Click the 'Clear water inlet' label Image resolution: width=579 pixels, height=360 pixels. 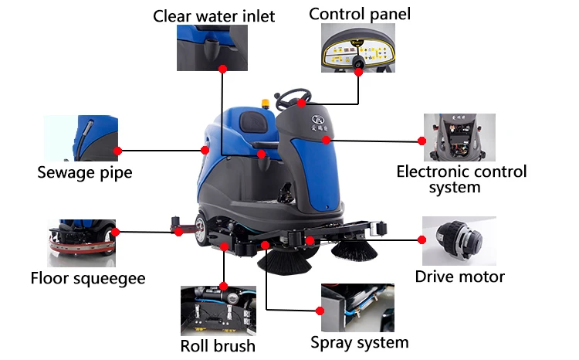(x=214, y=15)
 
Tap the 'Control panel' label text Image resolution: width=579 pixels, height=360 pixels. (x=360, y=13)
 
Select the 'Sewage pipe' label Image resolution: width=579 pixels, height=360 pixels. (x=84, y=172)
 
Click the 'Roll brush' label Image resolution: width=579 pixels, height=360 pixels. (x=218, y=345)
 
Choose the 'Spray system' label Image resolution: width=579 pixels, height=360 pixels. (x=359, y=341)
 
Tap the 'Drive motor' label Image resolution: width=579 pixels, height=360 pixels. (x=459, y=277)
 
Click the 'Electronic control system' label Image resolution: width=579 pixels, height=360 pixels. (x=461, y=179)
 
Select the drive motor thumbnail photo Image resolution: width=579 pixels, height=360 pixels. (x=459, y=240)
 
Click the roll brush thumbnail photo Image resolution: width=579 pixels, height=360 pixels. (x=218, y=310)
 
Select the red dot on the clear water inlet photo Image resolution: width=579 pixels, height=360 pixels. (x=222, y=69)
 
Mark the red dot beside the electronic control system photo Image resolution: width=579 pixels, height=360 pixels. (x=422, y=141)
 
